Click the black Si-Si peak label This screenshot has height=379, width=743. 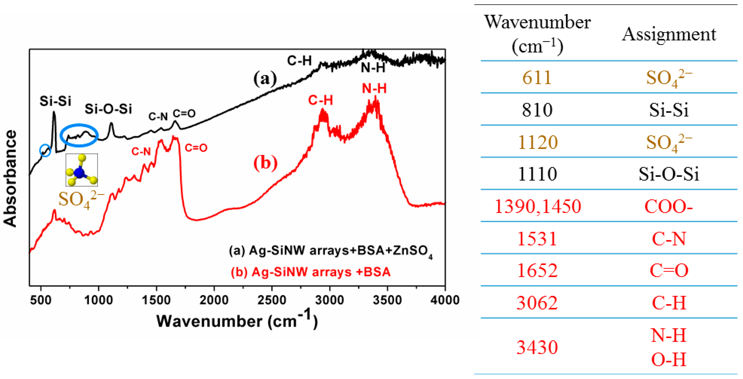(x=55, y=101)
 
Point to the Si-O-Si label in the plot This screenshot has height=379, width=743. (x=108, y=109)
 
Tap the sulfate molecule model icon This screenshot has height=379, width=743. (x=82, y=170)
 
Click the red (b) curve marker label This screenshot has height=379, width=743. (x=265, y=163)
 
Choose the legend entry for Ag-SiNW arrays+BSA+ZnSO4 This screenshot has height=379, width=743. (x=330, y=251)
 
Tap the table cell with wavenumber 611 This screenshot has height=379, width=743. (x=537, y=78)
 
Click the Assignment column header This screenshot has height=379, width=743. (x=669, y=35)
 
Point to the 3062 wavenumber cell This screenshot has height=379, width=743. (x=537, y=303)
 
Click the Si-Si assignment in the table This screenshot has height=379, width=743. (x=669, y=110)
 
